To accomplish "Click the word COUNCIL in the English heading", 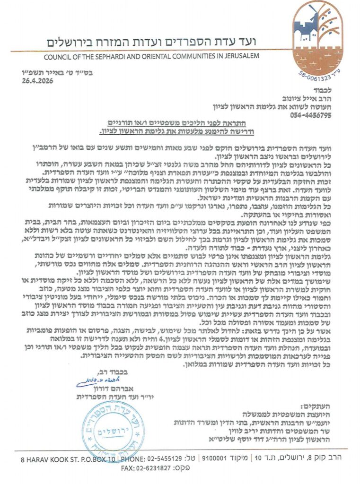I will tap(59, 57).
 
